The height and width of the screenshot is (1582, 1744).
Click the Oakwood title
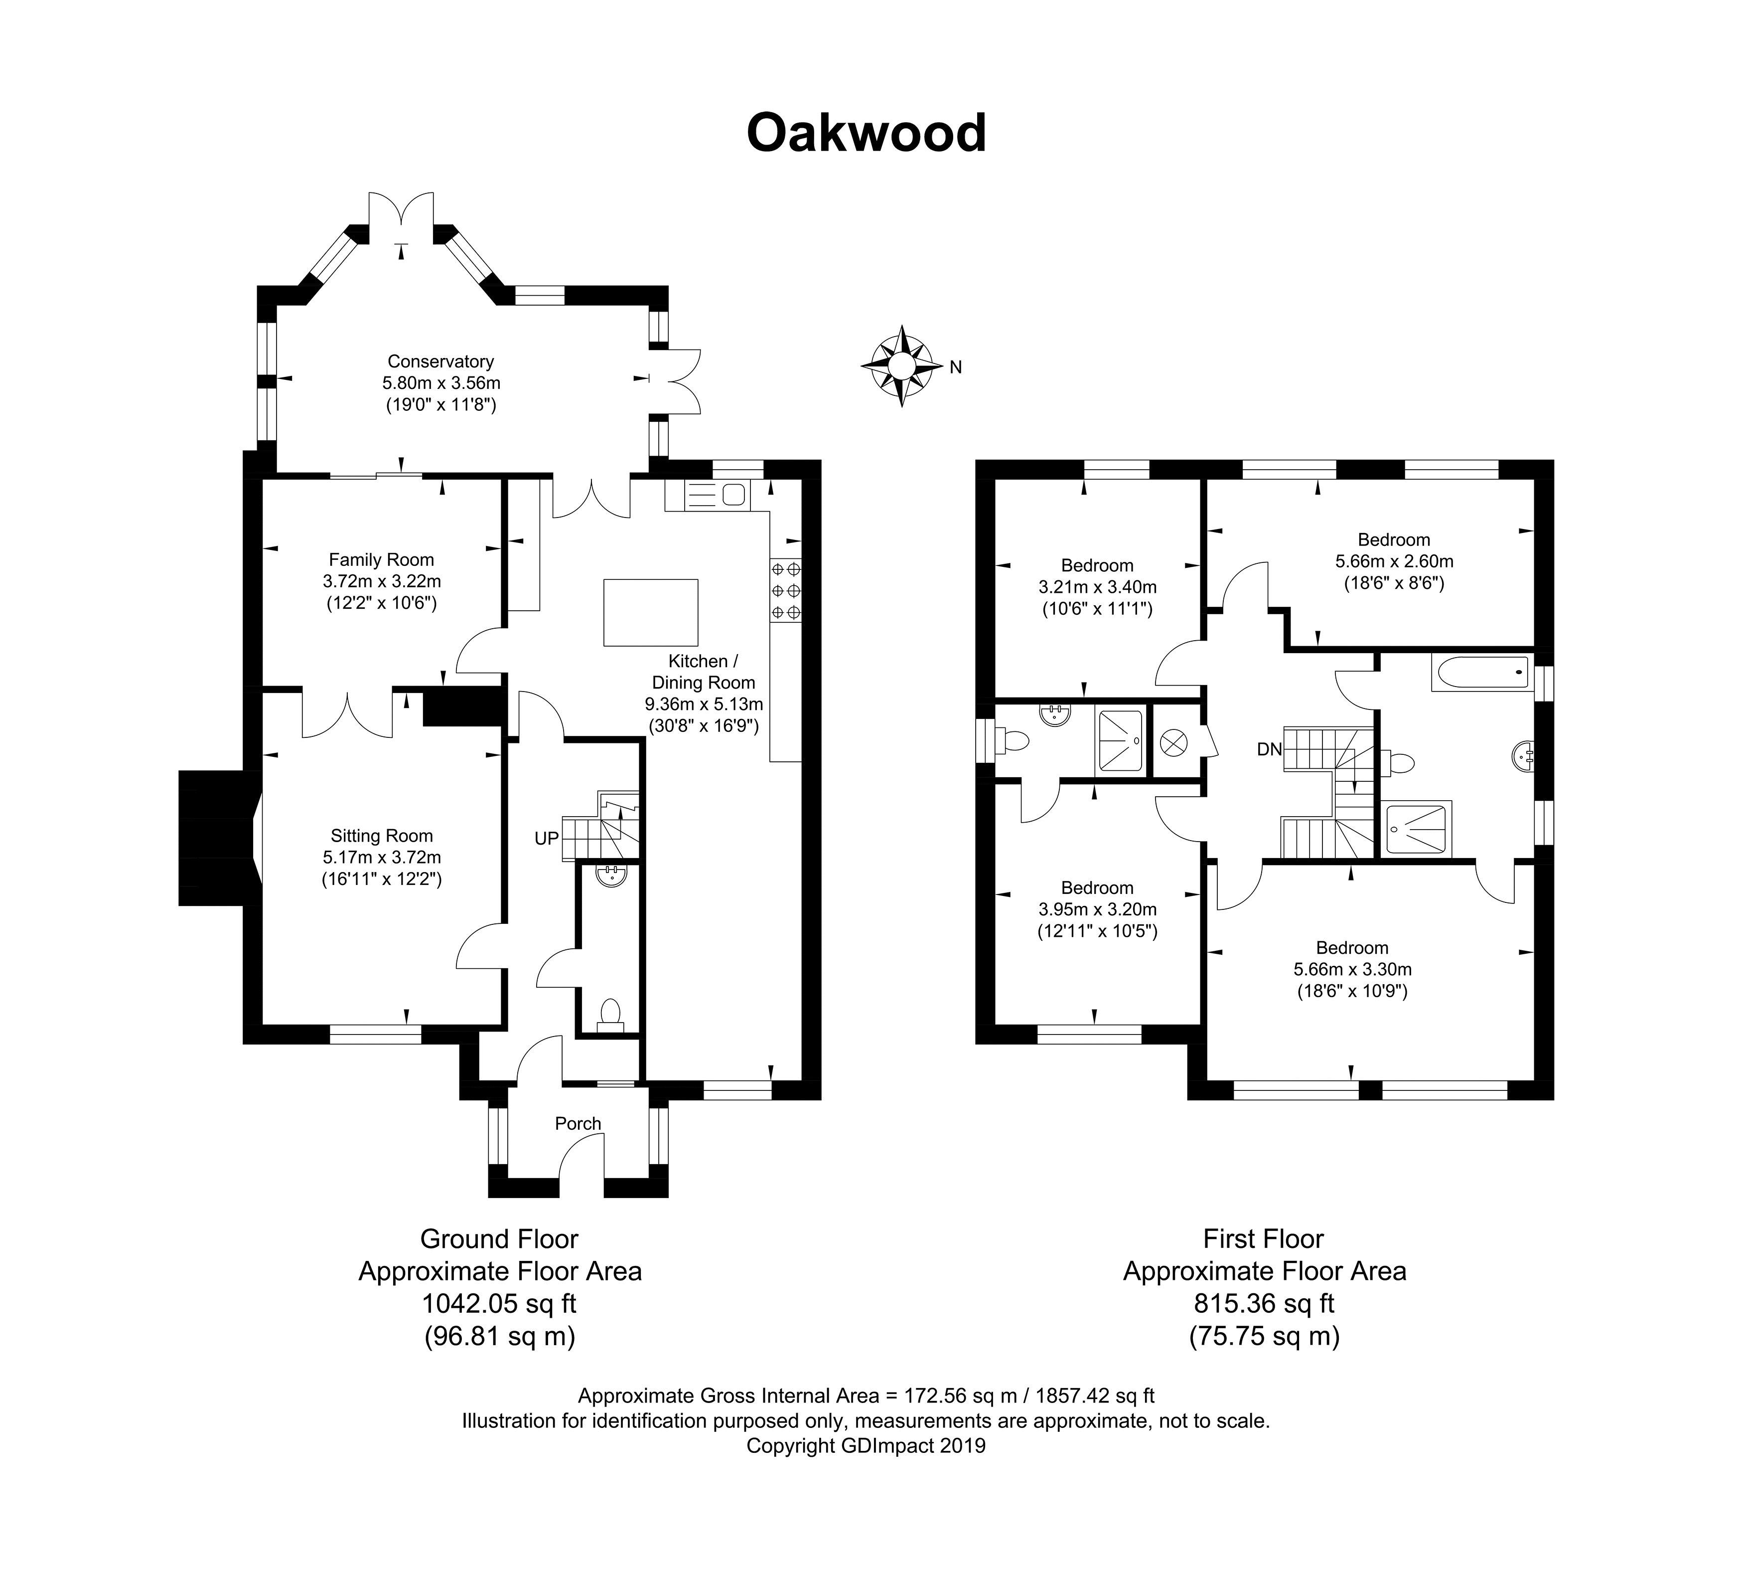point(866,133)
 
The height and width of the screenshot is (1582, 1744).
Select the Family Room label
point(381,560)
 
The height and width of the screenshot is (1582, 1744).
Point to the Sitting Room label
point(382,836)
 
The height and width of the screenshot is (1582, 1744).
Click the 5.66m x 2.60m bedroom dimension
point(1394,561)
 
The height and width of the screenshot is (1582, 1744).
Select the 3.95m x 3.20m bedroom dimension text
point(1097,909)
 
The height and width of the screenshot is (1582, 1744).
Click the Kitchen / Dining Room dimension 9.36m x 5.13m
point(703,703)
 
